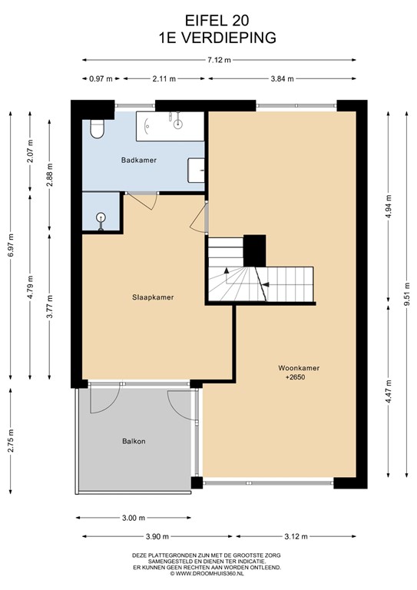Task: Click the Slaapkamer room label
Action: pos(147,297)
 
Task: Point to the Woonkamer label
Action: pos(299,368)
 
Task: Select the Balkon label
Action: pos(134,441)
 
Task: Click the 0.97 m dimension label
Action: pos(100,78)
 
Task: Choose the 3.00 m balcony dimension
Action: pos(134,517)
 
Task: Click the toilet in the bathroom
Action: pos(97,129)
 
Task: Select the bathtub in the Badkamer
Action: pos(170,126)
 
